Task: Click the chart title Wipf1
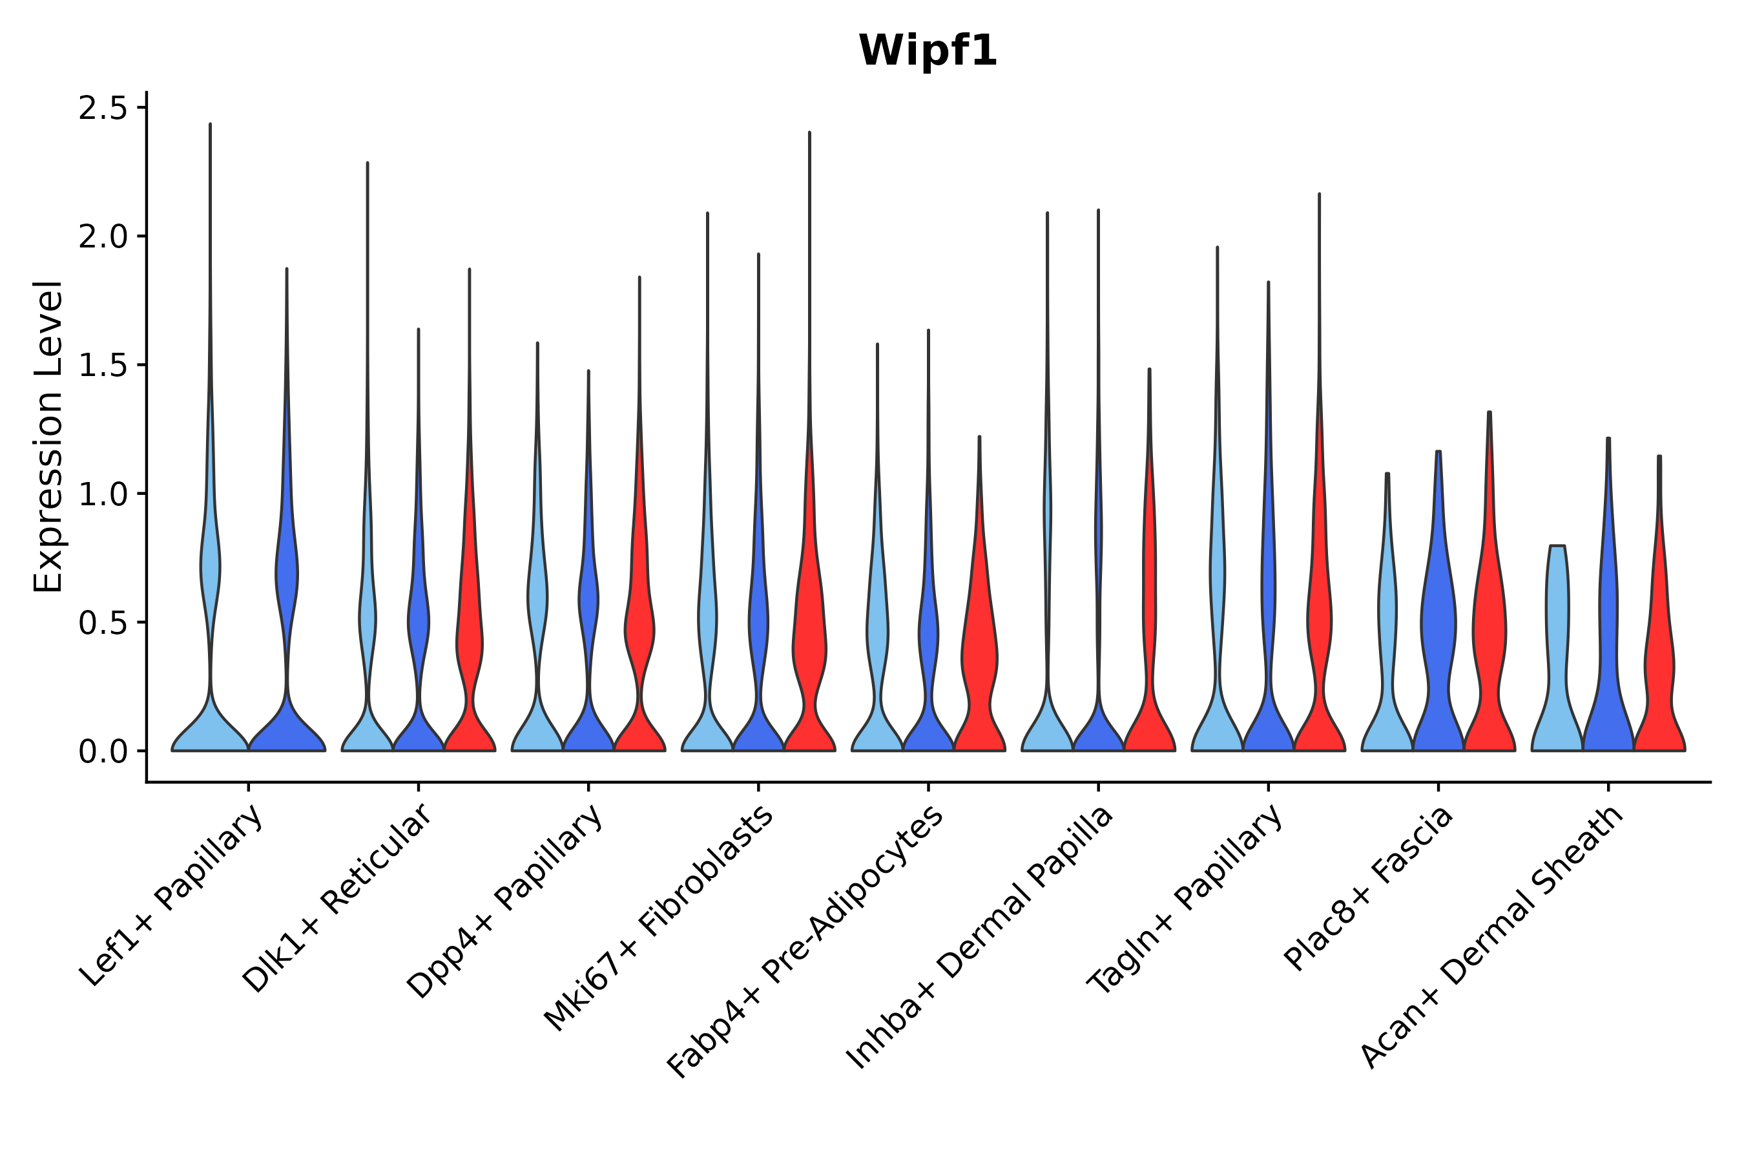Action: [x=927, y=51]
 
